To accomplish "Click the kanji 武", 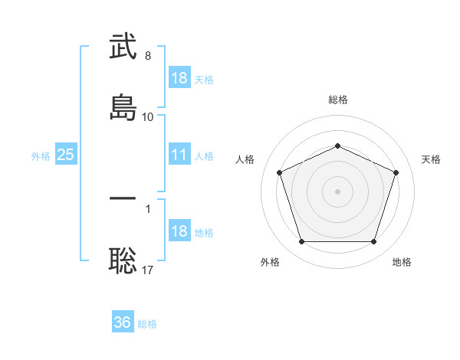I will coord(123,47).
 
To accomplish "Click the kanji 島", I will coord(123,106).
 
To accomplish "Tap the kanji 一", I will coord(123,199).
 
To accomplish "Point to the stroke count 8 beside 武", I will coord(148,56).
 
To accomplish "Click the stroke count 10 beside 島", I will coord(148,116).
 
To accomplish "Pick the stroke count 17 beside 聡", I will coord(148,270).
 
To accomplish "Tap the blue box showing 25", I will coord(65,155).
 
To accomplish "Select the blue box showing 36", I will coord(123,322).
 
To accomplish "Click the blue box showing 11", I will coord(179,155).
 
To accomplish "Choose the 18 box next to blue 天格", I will coord(179,78).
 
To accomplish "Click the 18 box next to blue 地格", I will coord(179,231).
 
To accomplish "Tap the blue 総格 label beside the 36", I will coord(147,324).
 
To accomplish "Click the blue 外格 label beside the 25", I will coord(41,156).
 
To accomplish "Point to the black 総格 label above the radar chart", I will coord(337,100).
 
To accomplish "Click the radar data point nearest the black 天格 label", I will coord(396,172).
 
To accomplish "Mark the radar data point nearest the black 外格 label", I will coord(301,241).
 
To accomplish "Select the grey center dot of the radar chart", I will coord(337,191).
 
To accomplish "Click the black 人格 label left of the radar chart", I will coord(245,159).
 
